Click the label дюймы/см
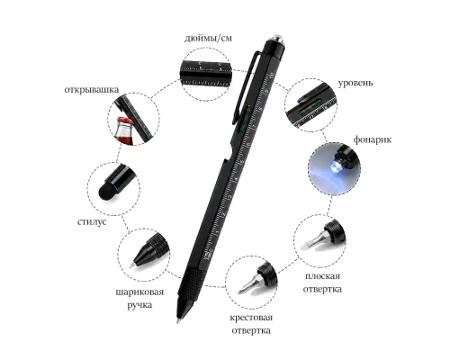pyautogui.click(x=208, y=39)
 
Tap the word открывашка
pyautogui.click(x=92, y=90)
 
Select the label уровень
pyautogui.click(x=355, y=83)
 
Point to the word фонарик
pyautogui.click(x=372, y=139)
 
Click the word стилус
pyautogui.click(x=92, y=222)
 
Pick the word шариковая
pyautogui.click(x=139, y=292)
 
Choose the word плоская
pyautogui.click(x=322, y=276)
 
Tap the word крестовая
pyautogui.click(x=251, y=318)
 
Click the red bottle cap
pyautogui.click(x=124, y=121)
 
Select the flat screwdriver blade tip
pyautogui.click(x=305, y=246)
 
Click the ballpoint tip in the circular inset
pyautogui.click(x=132, y=265)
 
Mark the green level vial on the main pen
pyautogui.click(x=243, y=119)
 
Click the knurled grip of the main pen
pyautogui.click(x=192, y=282)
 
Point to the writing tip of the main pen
pyautogui.click(x=179, y=320)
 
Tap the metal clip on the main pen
pyautogui.click(x=244, y=87)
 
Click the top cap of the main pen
pyautogui.click(x=274, y=45)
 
